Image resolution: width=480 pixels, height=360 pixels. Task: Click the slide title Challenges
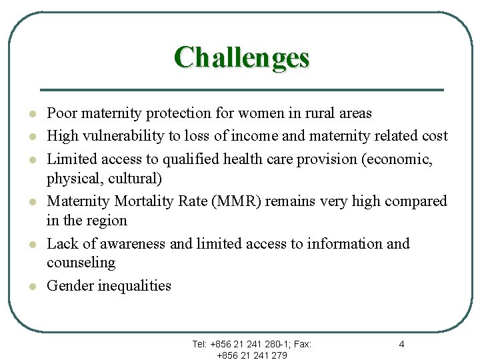coord(242,57)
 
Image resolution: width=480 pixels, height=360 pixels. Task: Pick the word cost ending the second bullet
coord(434,136)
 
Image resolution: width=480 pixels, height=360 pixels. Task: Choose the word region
coord(106,221)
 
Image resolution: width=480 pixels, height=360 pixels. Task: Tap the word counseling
coord(81,263)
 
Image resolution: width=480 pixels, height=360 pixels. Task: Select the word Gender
coord(70,286)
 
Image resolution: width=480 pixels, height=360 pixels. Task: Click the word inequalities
coord(135,286)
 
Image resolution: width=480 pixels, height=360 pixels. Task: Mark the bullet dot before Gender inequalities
coord(23,286)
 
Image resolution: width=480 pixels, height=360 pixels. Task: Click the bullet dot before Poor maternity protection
coord(23,114)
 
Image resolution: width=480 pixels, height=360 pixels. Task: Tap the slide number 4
coord(401,344)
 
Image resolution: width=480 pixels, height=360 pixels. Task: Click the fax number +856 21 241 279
coord(252,355)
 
